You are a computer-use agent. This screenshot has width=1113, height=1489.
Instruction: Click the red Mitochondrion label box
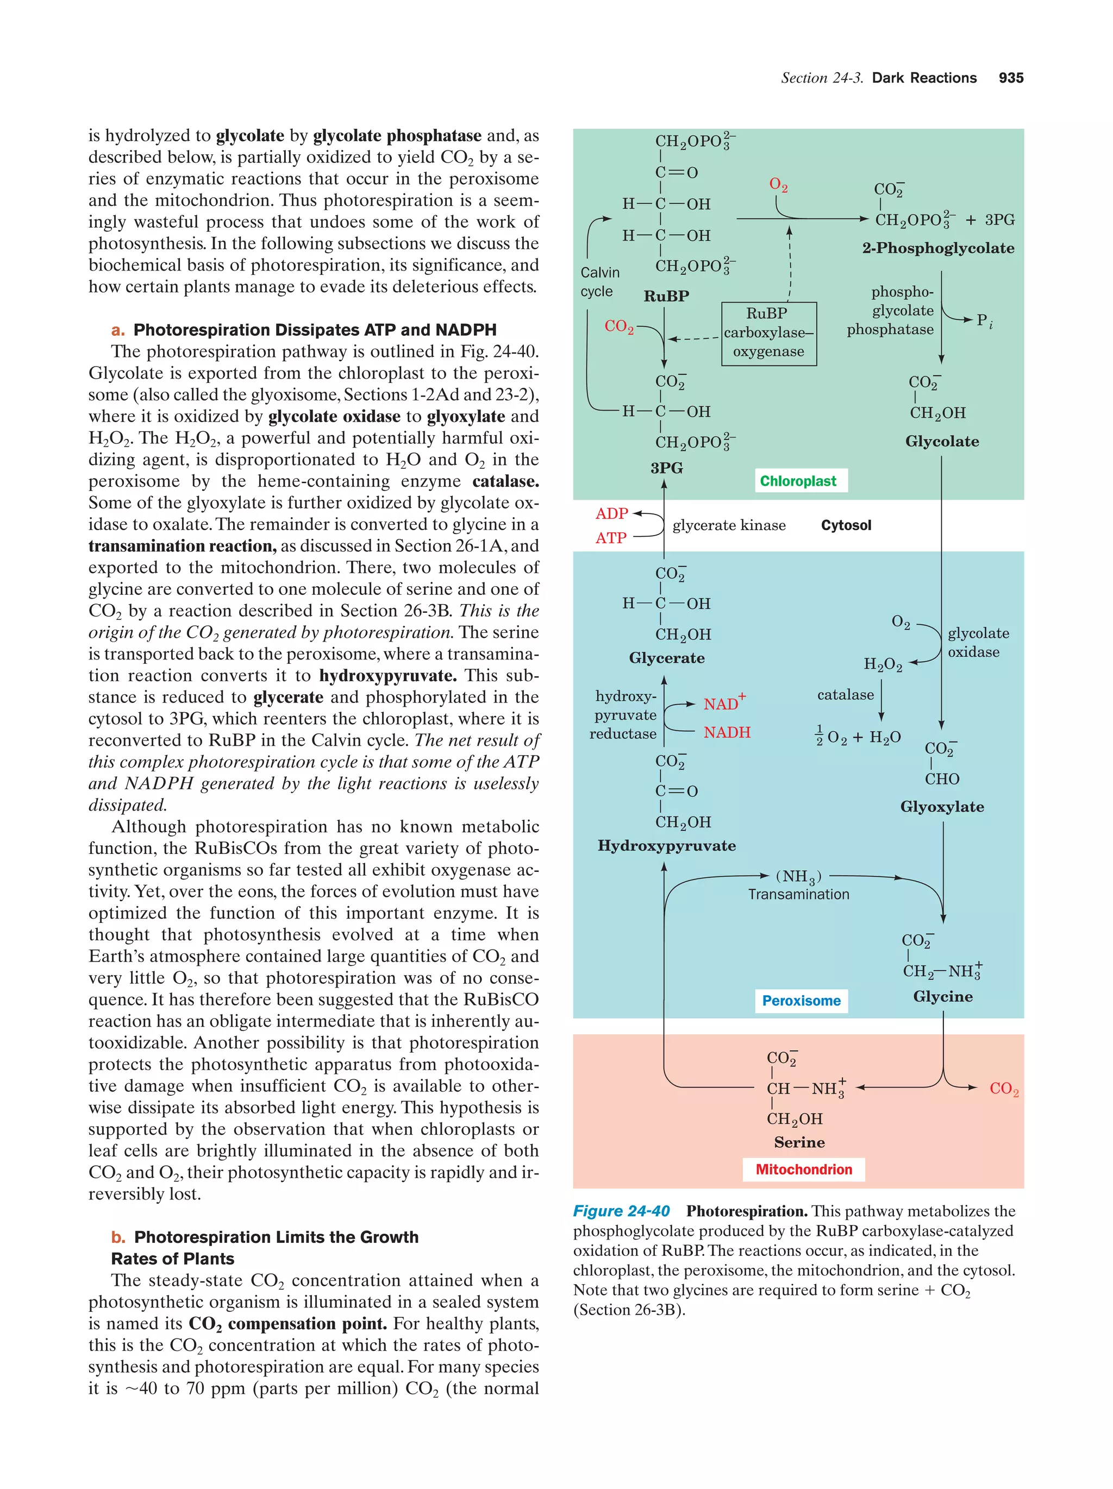click(803, 1169)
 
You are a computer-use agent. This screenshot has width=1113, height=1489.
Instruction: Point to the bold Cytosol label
click(846, 525)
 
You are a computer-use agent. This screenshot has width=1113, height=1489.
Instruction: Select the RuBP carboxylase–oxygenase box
click(768, 332)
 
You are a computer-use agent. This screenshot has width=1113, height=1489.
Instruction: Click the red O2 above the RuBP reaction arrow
click(778, 185)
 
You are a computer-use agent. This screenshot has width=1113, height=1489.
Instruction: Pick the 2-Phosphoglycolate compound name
click(938, 248)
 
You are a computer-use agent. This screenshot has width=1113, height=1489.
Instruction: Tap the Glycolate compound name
click(941, 442)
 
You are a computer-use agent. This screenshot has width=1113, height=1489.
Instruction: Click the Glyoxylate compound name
click(941, 807)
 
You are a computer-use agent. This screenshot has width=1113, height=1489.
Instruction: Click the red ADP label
click(611, 513)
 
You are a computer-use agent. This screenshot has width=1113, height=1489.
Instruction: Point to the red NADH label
click(727, 732)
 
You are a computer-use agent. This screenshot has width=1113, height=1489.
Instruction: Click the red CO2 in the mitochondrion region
click(1003, 1089)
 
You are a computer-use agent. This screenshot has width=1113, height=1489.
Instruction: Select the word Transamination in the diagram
click(798, 895)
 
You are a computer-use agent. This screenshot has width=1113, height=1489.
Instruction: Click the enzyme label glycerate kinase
click(729, 525)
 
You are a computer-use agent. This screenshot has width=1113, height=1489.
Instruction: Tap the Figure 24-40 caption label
click(621, 1211)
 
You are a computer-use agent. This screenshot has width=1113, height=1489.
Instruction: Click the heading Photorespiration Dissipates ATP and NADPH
click(315, 330)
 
